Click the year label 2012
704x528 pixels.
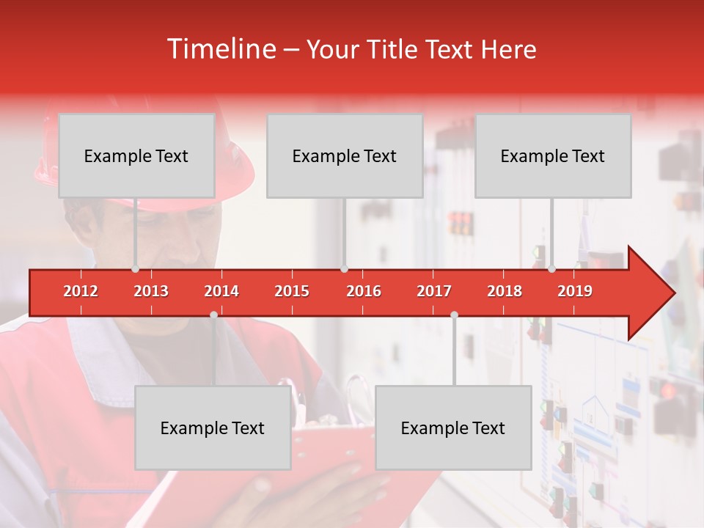coord(81,291)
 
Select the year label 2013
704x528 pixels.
coord(151,291)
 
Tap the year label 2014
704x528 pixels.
coord(221,291)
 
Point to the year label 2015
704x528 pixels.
coord(292,291)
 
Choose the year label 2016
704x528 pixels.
coord(364,291)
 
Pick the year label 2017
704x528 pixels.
coord(434,291)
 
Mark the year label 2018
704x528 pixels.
coord(505,291)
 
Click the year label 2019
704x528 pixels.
coord(575,291)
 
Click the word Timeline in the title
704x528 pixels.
coord(220,49)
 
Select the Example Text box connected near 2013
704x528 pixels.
coord(136,155)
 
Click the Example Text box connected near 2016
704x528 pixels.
coord(345,155)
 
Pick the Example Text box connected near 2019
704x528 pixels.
coord(553,155)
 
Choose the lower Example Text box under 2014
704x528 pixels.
coord(213,428)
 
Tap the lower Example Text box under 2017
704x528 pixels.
coord(453,428)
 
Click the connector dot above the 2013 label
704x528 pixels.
coord(135,269)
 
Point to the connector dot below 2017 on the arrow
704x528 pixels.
coord(454,315)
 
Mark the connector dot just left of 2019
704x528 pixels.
coord(551,269)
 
